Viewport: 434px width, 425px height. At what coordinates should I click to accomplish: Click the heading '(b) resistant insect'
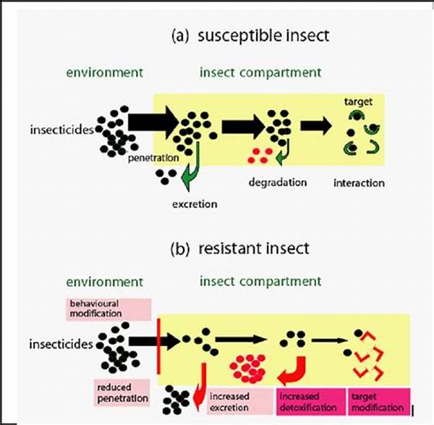click(x=239, y=248)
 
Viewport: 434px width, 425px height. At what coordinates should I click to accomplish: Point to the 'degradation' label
click(x=277, y=182)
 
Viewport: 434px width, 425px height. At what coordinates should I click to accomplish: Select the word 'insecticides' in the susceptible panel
click(x=61, y=131)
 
